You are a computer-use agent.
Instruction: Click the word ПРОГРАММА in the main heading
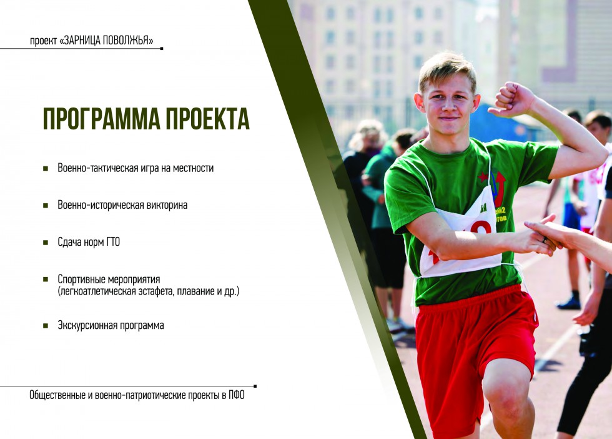101,118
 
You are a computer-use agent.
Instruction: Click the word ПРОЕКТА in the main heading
208,118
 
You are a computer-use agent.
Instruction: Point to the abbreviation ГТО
113,243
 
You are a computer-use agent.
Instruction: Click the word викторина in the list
167,205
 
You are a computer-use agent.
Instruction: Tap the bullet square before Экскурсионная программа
46,326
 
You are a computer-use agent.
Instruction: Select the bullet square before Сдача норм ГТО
46,243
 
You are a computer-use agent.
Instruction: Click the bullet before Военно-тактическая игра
46,168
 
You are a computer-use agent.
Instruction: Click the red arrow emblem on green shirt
498,188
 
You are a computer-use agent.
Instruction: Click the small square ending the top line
162,49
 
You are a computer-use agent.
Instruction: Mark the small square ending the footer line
255,386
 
